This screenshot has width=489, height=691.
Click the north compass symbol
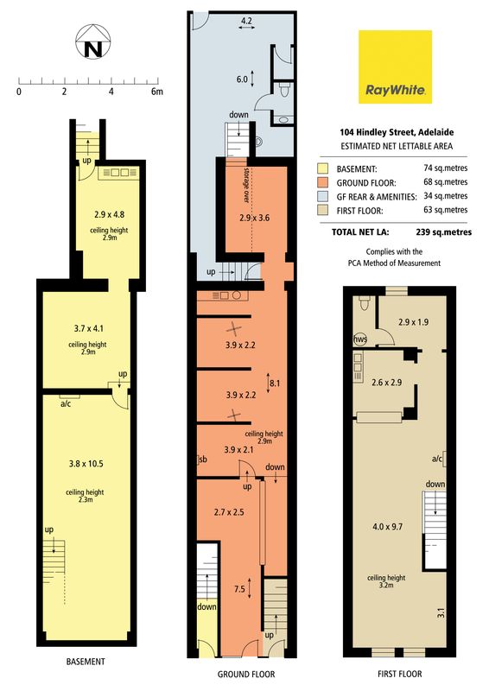coord(93,41)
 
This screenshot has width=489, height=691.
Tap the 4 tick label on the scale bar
coord(111,92)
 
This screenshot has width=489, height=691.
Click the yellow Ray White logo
coord(395,67)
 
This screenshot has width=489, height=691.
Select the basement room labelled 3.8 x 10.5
coord(86,464)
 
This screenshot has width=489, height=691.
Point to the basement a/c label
coord(66,403)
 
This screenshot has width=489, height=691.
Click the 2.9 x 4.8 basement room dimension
coord(110,214)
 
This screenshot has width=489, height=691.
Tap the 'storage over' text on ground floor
coord(246,185)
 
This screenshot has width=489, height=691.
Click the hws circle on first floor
coord(360,339)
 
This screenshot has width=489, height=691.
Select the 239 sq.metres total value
coord(443,232)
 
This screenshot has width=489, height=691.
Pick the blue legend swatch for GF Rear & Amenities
coord(322,197)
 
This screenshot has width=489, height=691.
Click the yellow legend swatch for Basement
coord(322,168)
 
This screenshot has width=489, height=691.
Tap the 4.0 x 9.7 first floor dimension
coord(388,527)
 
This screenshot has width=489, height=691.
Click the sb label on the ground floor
coord(203,460)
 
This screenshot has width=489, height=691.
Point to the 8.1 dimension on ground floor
coord(275,384)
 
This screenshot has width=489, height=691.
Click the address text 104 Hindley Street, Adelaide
coord(397,132)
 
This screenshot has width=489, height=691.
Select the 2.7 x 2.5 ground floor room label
coord(229,512)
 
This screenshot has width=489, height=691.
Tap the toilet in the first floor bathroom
coord(365,302)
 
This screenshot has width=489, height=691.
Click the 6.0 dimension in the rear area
coord(242,79)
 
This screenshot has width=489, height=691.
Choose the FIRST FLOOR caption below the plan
coord(399,674)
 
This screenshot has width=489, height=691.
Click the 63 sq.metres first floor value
coord(445,210)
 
